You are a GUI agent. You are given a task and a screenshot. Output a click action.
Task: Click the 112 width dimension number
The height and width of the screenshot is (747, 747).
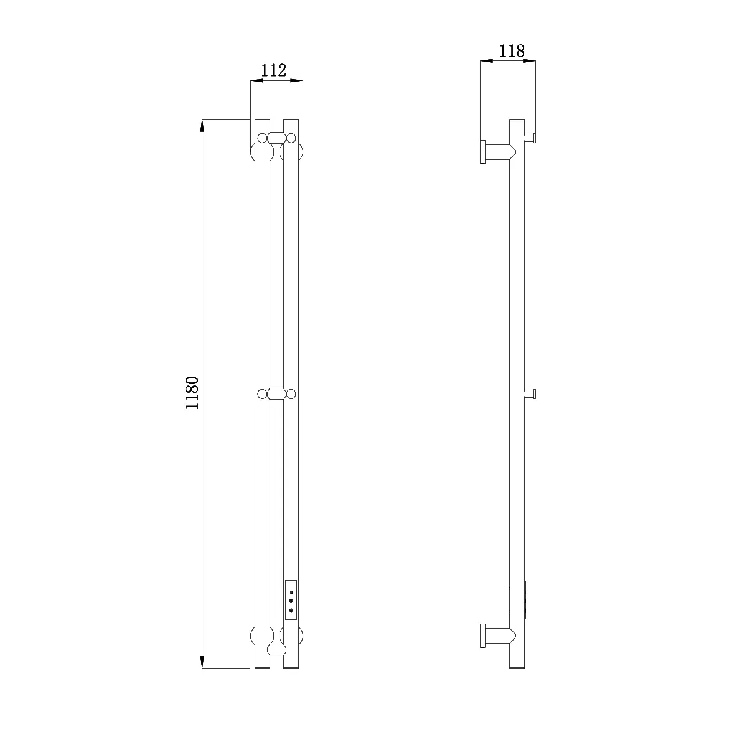(274, 70)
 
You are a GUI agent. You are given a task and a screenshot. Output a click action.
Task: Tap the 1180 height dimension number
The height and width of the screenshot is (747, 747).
(192, 392)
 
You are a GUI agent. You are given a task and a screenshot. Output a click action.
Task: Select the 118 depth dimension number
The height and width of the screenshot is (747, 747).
(512, 51)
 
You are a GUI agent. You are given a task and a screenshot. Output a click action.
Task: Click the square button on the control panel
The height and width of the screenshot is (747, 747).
(291, 592)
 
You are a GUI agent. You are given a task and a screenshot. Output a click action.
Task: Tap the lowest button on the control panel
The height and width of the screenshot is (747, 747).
(291, 611)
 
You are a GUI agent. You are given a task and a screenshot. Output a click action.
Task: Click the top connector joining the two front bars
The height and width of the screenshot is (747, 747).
(277, 138)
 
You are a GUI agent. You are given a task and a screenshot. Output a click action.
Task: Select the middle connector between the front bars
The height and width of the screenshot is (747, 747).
(277, 393)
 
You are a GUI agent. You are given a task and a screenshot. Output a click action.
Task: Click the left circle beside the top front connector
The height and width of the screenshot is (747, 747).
(263, 138)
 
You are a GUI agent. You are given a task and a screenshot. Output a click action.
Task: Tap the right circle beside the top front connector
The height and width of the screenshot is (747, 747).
(291, 138)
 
